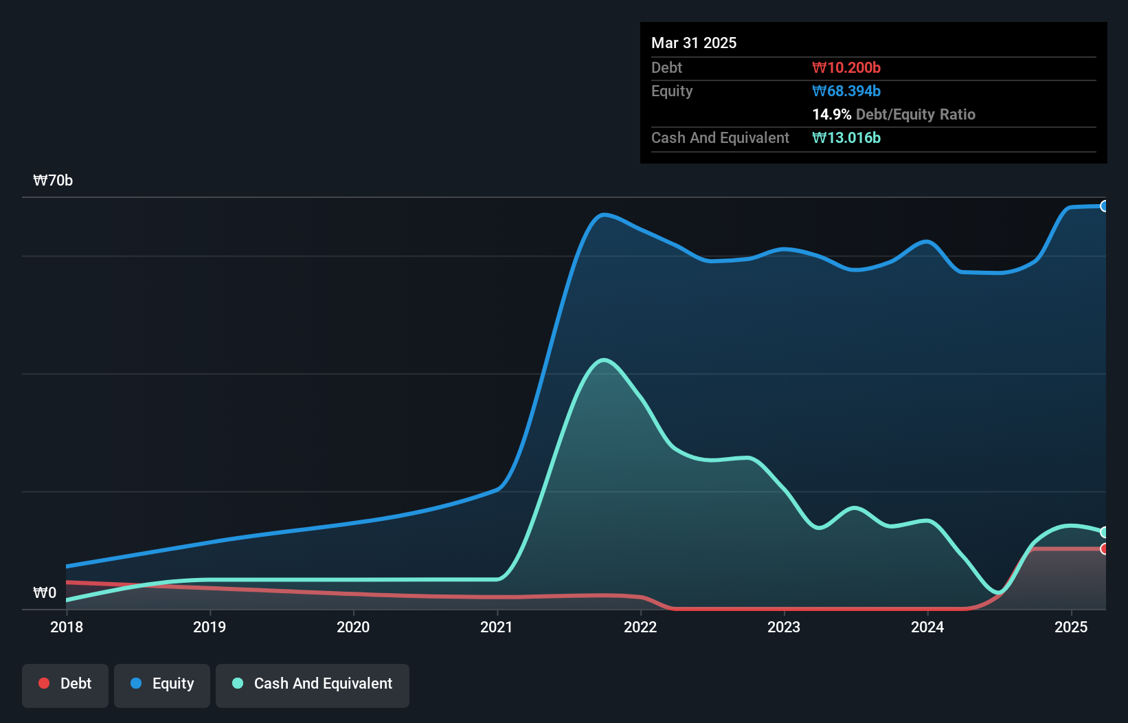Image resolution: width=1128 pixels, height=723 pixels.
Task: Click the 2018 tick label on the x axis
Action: [67, 627]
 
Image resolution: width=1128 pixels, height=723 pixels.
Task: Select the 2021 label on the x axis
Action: [497, 627]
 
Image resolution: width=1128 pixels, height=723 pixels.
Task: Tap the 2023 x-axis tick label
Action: [784, 627]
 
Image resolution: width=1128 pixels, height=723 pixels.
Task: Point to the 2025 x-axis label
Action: [1071, 627]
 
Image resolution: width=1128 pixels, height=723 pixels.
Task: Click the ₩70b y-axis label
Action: [53, 181]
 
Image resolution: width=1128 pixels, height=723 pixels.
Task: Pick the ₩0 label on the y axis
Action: [45, 592]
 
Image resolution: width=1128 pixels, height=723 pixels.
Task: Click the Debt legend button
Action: [65, 684]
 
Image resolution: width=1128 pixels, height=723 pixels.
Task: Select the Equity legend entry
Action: [162, 684]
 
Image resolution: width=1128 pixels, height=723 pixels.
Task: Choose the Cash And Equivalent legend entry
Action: [313, 684]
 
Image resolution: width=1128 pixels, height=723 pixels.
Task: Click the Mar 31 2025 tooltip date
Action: [694, 43]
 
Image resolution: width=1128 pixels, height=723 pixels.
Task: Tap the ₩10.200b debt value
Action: [846, 67]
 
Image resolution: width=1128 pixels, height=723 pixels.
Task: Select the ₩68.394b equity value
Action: [846, 91]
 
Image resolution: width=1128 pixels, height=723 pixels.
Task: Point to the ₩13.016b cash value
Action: [846, 137]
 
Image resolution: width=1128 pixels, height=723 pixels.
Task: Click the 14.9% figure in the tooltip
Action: [831, 114]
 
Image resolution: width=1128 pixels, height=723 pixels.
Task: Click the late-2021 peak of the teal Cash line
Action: [603, 359]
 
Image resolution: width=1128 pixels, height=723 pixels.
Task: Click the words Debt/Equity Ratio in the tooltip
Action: [915, 114]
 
